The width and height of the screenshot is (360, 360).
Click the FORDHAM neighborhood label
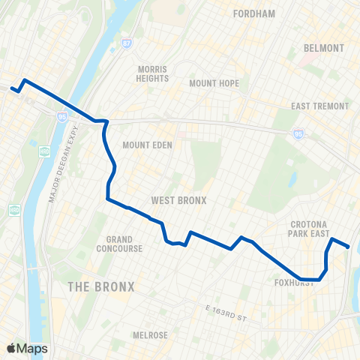(254, 13)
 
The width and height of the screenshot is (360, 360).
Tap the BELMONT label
(324, 48)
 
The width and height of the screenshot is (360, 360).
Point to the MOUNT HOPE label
(214, 83)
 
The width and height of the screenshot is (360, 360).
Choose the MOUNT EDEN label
(147, 145)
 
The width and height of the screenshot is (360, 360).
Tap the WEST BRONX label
(178, 200)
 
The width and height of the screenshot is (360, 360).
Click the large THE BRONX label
(101, 286)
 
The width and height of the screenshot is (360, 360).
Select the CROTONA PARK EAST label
(310, 229)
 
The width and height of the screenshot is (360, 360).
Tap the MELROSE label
(149, 335)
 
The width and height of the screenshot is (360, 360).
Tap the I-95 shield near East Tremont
(298, 133)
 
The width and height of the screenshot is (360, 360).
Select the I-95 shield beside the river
(61, 117)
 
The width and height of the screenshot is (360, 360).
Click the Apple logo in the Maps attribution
(10, 348)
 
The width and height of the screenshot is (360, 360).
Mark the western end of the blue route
(11, 89)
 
